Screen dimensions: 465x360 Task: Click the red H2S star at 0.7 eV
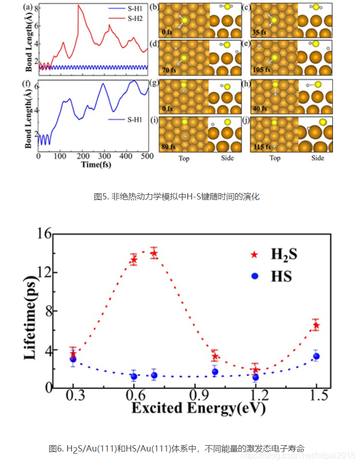(x=153, y=254)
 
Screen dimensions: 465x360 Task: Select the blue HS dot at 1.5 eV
(x=316, y=356)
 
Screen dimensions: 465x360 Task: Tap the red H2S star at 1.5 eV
(x=316, y=325)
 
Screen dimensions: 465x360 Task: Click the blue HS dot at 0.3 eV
(x=73, y=359)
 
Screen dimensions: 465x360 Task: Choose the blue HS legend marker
(x=254, y=275)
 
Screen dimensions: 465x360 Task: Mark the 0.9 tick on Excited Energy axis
(x=195, y=396)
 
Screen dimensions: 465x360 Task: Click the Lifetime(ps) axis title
(x=30, y=311)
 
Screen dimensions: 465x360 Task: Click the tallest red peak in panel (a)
(x=79, y=6)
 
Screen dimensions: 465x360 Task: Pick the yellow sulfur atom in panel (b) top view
(x=185, y=20)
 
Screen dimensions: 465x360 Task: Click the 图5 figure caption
(x=176, y=196)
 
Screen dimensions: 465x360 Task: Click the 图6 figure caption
(x=176, y=448)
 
